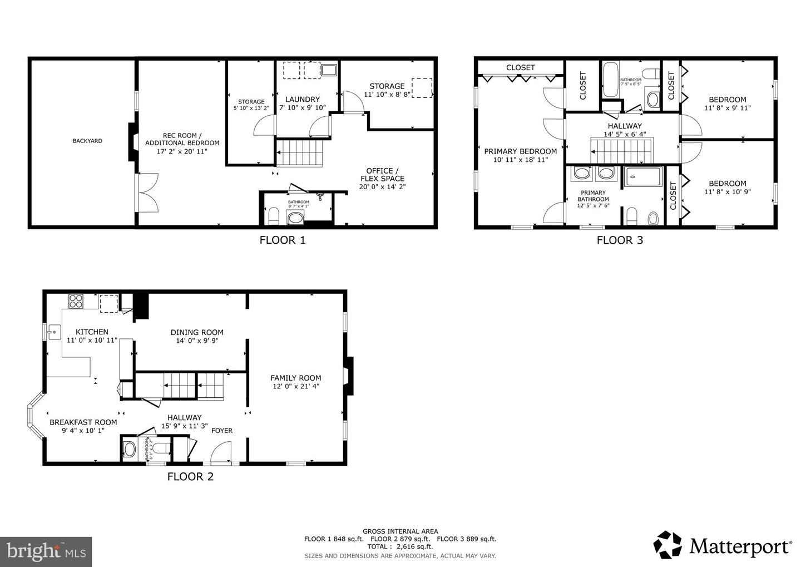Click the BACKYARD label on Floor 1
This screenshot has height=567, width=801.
tap(87, 141)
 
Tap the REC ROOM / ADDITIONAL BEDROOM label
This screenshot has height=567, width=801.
tap(182, 139)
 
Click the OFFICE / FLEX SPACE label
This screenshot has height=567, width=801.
tap(382, 175)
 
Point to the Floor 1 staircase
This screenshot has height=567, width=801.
tap(300, 153)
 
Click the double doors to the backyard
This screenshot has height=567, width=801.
tap(148, 193)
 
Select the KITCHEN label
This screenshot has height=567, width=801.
tap(92, 332)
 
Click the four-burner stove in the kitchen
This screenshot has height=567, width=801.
tap(76, 302)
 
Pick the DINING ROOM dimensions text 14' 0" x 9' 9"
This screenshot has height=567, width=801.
tap(197, 341)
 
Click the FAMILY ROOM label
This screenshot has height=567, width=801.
tap(296, 378)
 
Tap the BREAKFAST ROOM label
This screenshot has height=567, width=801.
tap(83, 422)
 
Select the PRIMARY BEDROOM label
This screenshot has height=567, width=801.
tap(520, 151)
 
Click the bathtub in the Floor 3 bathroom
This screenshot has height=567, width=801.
tap(610, 80)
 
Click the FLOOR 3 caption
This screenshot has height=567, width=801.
tap(620, 240)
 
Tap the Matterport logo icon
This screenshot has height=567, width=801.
tap(667, 545)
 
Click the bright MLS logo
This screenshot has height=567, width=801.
tap(46, 551)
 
